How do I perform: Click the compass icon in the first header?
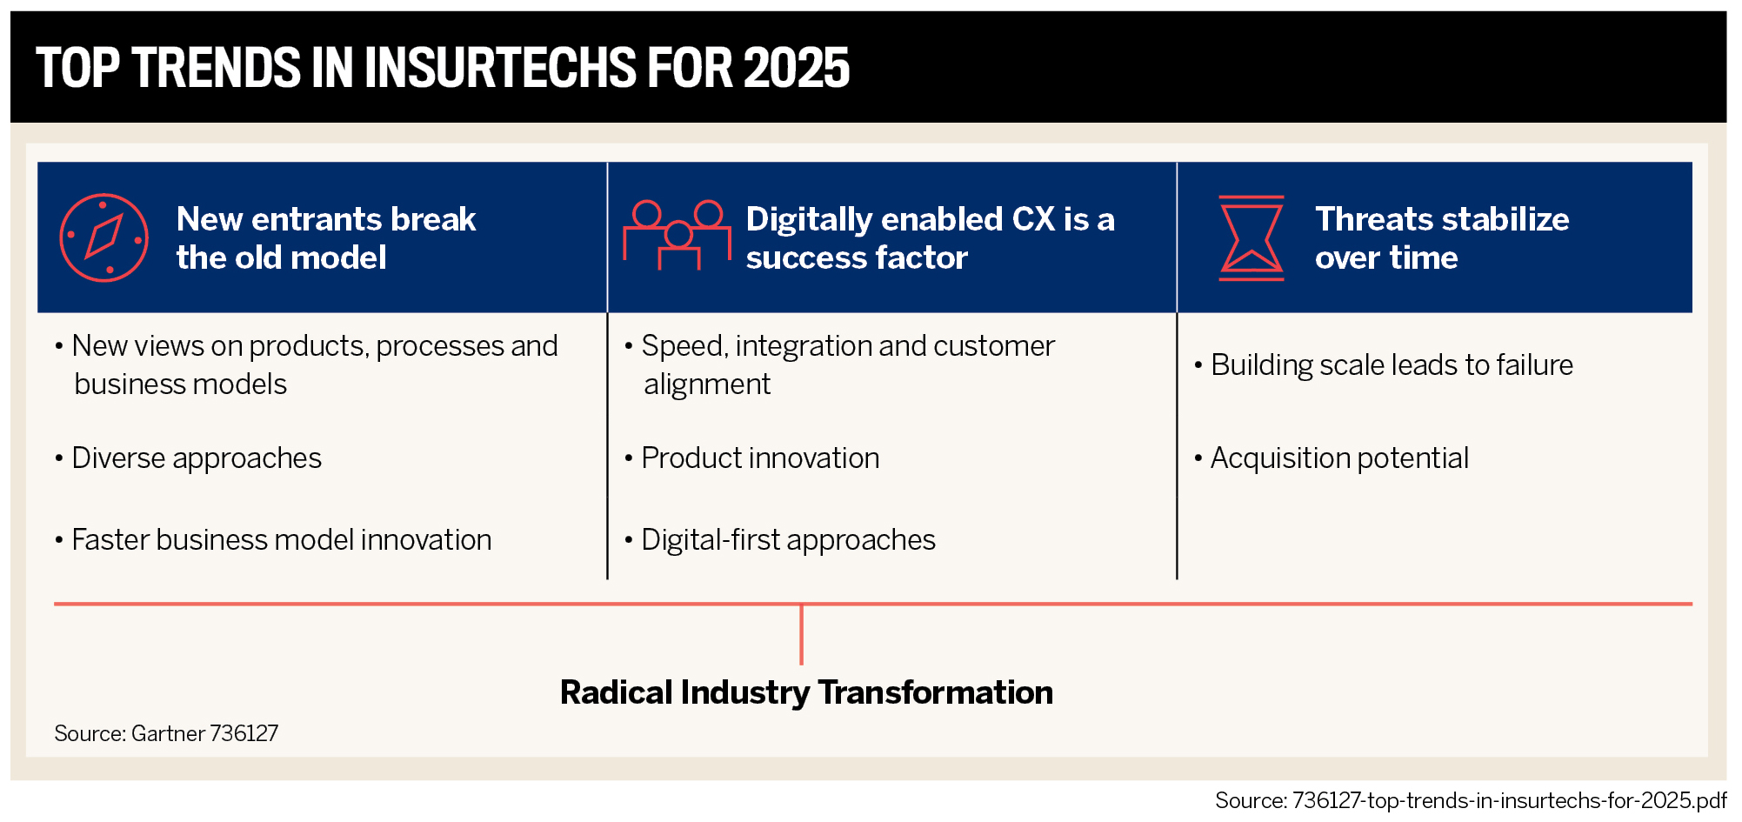tap(103, 237)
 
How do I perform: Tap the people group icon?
tap(677, 235)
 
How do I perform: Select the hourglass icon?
tap(1251, 237)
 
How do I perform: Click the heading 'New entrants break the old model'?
tap(326, 237)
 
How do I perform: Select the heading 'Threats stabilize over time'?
tap(1442, 237)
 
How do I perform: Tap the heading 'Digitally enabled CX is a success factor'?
tap(930, 237)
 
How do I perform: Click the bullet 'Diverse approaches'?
tap(188, 458)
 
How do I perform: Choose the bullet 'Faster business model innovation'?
tap(273, 539)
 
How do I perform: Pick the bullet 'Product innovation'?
tap(752, 458)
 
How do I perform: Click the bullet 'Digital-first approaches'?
tap(780, 539)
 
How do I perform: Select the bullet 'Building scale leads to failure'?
tap(1384, 364)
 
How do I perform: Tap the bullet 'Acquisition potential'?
tap(1332, 458)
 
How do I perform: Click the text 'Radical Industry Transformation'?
tap(806, 692)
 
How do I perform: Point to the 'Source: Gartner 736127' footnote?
tap(166, 733)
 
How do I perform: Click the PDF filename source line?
tap(1471, 800)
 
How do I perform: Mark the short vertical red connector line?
tap(801, 635)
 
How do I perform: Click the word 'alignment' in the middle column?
tap(707, 384)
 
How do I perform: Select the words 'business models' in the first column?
tap(180, 384)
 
